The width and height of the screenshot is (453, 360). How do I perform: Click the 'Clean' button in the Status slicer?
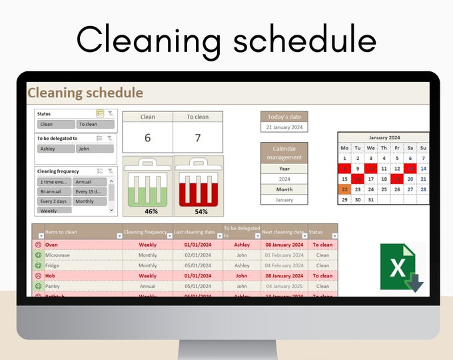(x=55, y=124)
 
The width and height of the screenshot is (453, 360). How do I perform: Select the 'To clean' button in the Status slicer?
(x=95, y=124)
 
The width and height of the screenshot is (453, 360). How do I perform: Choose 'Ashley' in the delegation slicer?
(x=55, y=149)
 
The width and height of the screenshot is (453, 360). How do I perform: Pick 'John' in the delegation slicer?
(x=94, y=149)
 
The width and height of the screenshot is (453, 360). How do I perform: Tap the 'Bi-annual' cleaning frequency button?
(x=54, y=191)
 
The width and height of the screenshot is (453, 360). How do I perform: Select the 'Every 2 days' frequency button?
(x=54, y=201)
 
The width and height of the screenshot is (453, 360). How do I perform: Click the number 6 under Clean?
(x=147, y=138)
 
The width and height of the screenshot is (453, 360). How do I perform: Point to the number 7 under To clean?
(x=197, y=138)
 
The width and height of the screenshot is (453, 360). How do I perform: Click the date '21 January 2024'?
(x=284, y=127)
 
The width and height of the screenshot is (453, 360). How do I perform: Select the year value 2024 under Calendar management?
(x=284, y=179)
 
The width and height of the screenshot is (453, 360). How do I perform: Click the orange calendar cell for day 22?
(x=344, y=189)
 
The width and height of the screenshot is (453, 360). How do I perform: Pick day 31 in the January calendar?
(x=370, y=199)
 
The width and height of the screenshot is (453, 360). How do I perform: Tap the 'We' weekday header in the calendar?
(x=370, y=148)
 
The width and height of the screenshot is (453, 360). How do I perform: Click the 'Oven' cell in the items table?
(x=52, y=245)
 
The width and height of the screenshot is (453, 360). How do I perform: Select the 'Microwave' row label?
(x=57, y=255)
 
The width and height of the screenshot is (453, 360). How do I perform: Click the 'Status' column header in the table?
(x=316, y=233)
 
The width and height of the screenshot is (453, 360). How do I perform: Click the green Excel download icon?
(x=401, y=268)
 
